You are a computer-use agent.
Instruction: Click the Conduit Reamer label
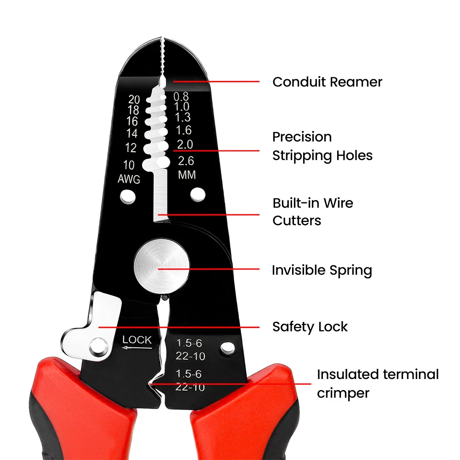pyautogui.click(x=327, y=82)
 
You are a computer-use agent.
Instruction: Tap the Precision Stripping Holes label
pyautogui.click(x=322, y=146)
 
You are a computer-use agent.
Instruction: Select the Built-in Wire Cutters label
pyautogui.click(x=313, y=212)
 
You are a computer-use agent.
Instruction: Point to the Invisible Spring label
pyautogui.click(x=322, y=270)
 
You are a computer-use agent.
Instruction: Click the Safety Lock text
pyautogui.click(x=310, y=327)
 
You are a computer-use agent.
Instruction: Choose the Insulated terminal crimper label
pyautogui.click(x=377, y=384)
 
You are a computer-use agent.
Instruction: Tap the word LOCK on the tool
pyautogui.click(x=137, y=340)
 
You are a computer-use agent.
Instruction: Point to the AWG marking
pyautogui.click(x=129, y=179)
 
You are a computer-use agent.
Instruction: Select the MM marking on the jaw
pyautogui.click(x=187, y=175)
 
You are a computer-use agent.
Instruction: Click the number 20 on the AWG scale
pyautogui.click(x=134, y=99)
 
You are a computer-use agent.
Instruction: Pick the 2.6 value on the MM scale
pyautogui.click(x=186, y=161)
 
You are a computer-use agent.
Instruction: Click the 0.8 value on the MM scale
pyautogui.click(x=181, y=97)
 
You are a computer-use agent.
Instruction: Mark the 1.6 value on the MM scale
pyautogui.click(x=183, y=131)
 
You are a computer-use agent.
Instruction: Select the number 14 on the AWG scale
pyautogui.click(x=132, y=134)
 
